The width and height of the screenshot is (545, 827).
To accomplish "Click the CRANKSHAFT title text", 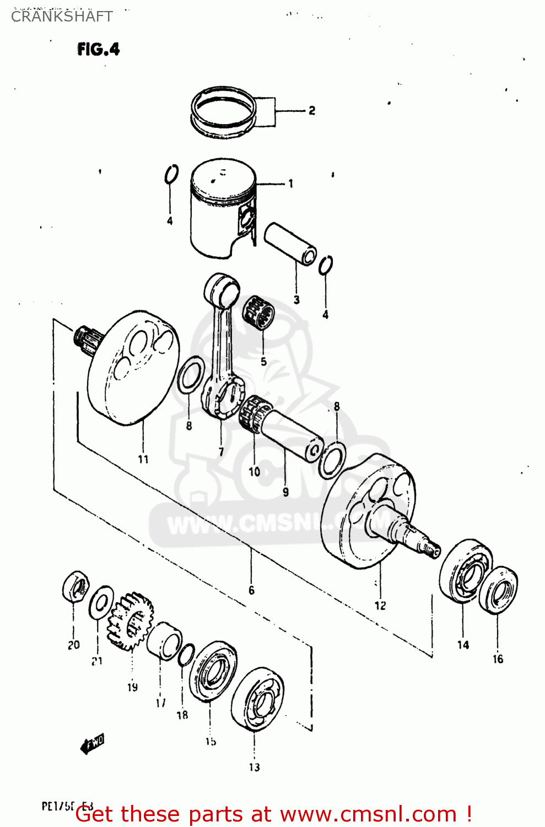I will tap(62, 17).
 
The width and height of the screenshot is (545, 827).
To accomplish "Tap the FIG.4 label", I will tap(98, 49).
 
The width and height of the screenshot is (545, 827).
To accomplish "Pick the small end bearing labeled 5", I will tap(259, 313).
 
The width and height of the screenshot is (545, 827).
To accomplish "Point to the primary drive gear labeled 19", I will tap(130, 621).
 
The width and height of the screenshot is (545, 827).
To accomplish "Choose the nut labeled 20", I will tap(75, 587).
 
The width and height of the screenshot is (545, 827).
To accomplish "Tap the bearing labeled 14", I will tap(466, 571).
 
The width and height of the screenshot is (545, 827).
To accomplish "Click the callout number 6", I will tap(251, 590).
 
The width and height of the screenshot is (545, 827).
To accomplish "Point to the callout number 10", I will tap(254, 472).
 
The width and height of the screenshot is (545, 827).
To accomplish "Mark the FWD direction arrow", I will tap(92, 745).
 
